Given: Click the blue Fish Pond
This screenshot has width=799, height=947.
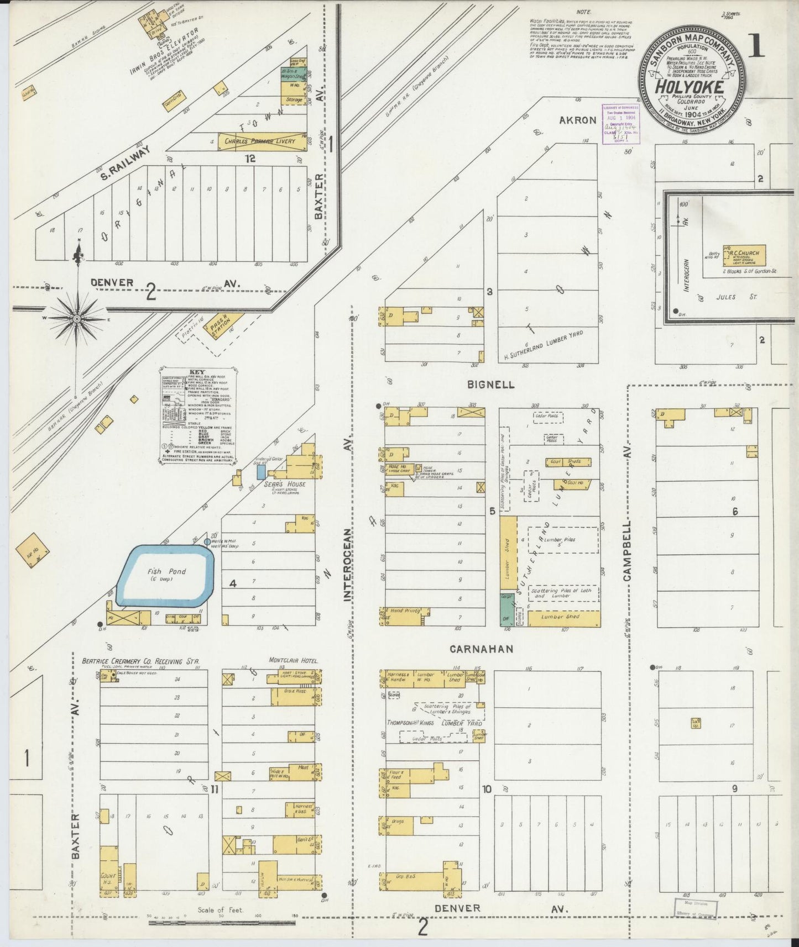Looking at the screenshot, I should [x=167, y=575].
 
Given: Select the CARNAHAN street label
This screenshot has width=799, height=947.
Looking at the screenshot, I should [x=489, y=649].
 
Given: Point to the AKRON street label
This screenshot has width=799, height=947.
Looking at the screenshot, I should [x=577, y=120].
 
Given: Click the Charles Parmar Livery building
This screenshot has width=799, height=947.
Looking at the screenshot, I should [x=260, y=141].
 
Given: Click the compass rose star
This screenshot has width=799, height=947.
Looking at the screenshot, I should [x=77, y=319].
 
